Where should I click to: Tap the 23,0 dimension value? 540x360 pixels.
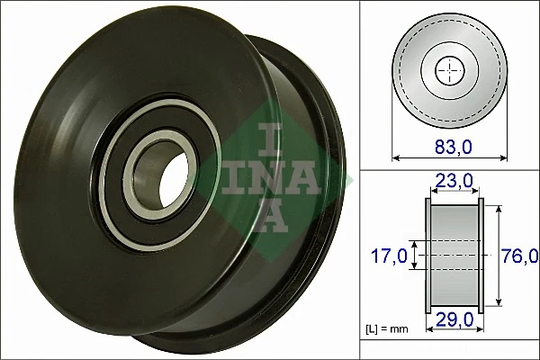(454, 182)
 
